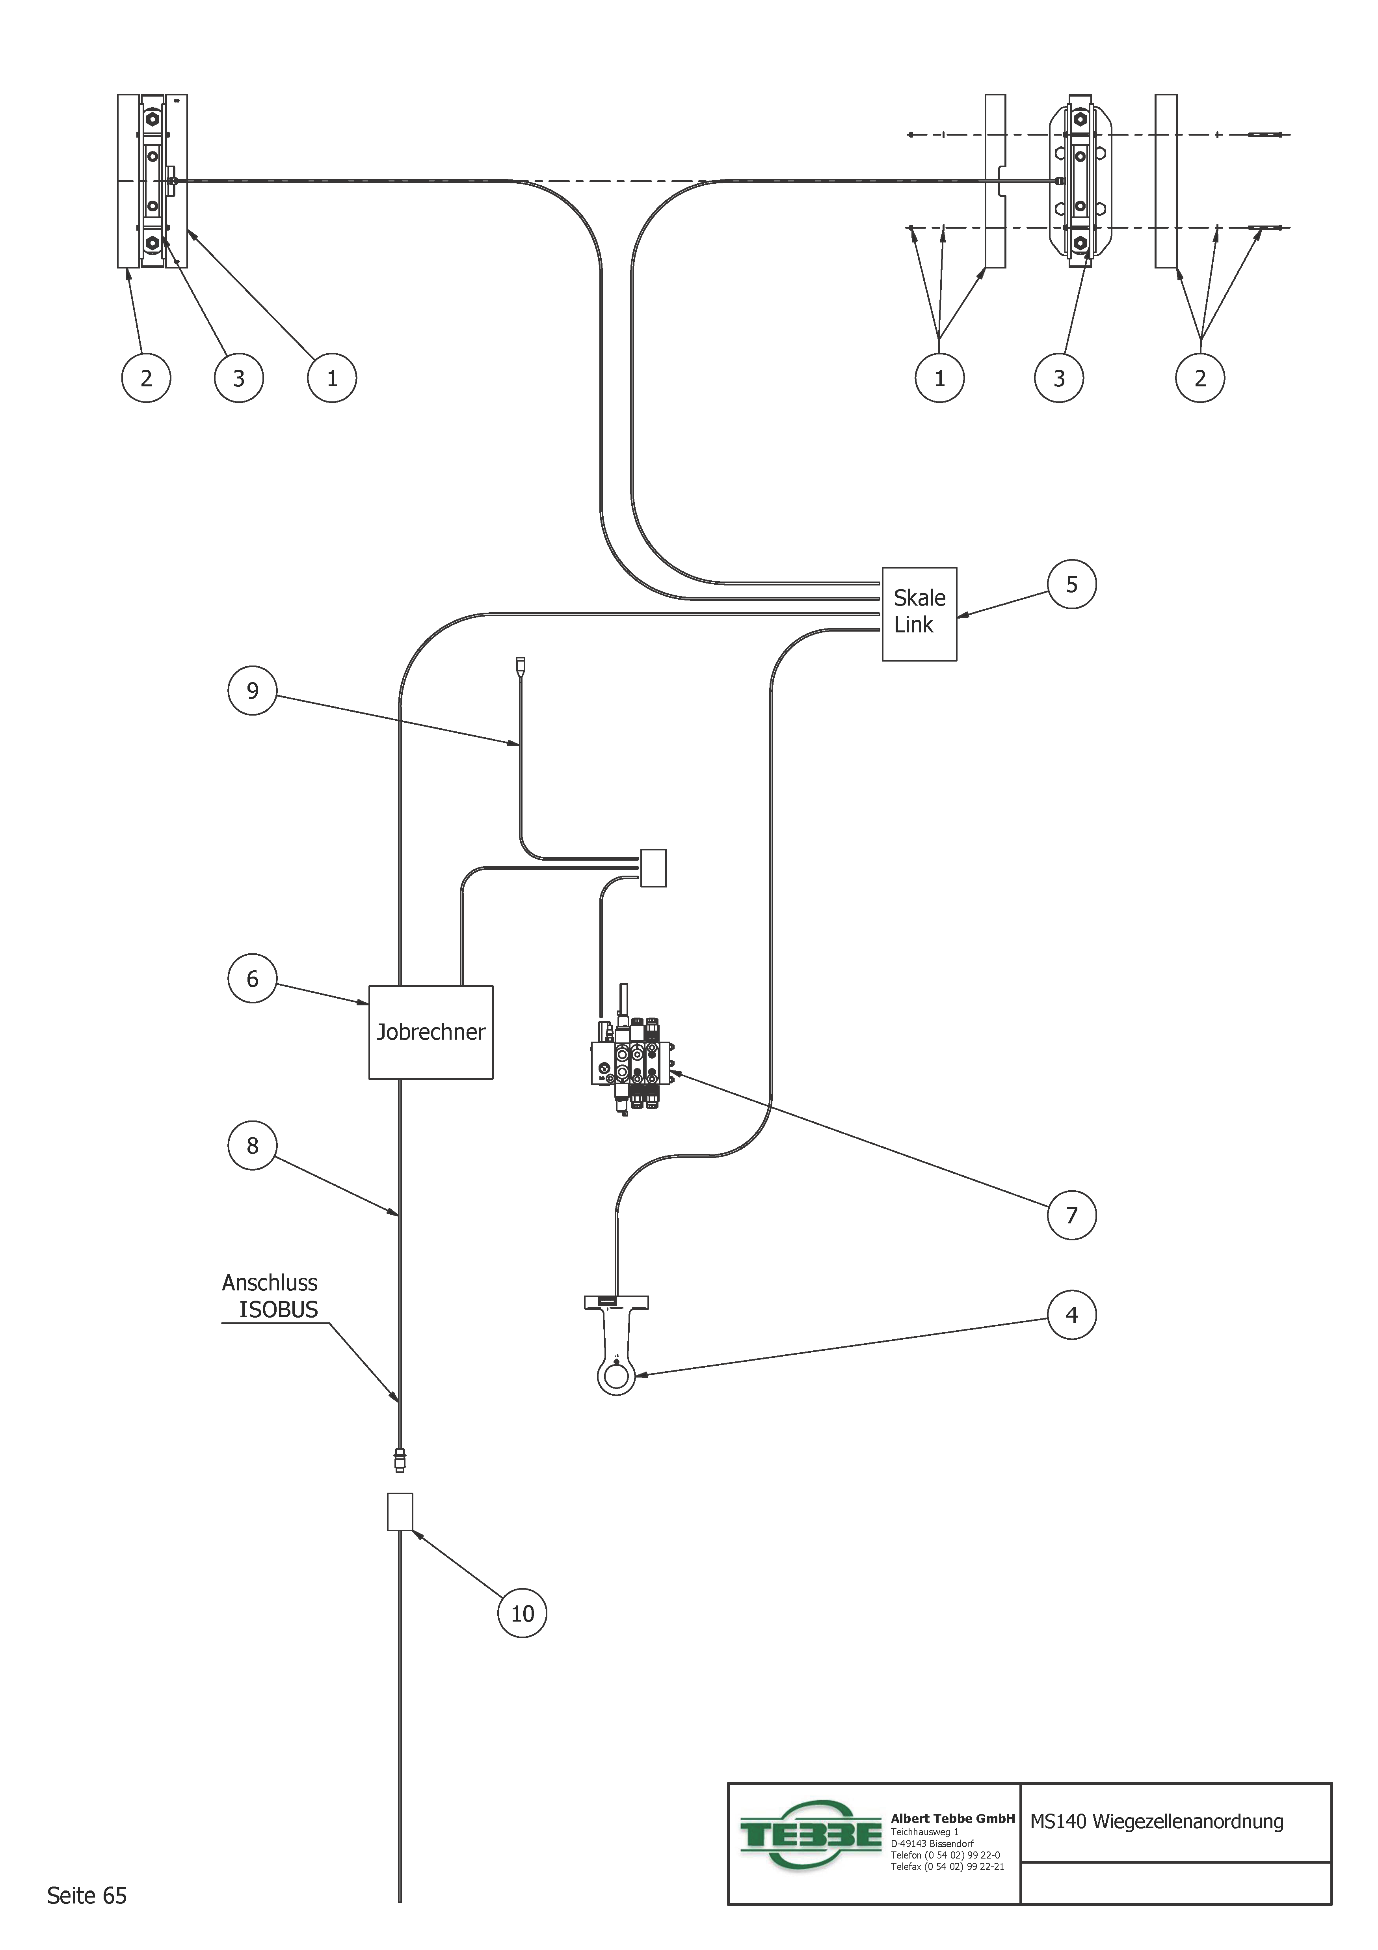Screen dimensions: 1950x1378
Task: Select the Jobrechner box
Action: (x=430, y=1032)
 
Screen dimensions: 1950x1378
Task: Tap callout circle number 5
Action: (x=1071, y=584)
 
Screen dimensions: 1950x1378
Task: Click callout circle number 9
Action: (x=252, y=690)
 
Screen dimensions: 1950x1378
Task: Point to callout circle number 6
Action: (x=252, y=979)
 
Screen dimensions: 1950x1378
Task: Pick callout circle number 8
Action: (x=252, y=1146)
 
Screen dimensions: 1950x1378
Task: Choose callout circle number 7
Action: (x=1071, y=1215)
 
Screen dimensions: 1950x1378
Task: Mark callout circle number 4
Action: (x=1071, y=1315)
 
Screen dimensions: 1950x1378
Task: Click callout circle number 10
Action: (x=522, y=1614)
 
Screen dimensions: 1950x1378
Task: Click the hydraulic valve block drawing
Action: (x=632, y=1066)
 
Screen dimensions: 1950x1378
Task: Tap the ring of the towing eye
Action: (x=616, y=1376)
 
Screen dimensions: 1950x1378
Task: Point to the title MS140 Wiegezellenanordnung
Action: (x=1157, y=1822)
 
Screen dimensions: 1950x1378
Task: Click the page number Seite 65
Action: (x=87, y=1896)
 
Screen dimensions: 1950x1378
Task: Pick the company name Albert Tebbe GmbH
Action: (x=953, y=1818)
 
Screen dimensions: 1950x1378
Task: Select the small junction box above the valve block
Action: (x=653, y=868)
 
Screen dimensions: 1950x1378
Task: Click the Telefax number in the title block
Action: (x=948, y=1867)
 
